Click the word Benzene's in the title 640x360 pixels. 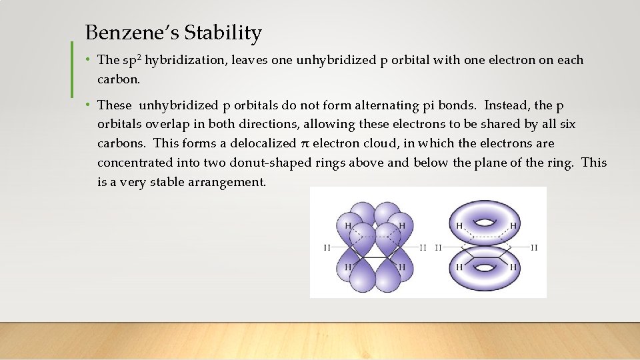point(132,33)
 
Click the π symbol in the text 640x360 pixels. point(305,143)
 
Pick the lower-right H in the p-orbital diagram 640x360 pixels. point(401,267)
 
